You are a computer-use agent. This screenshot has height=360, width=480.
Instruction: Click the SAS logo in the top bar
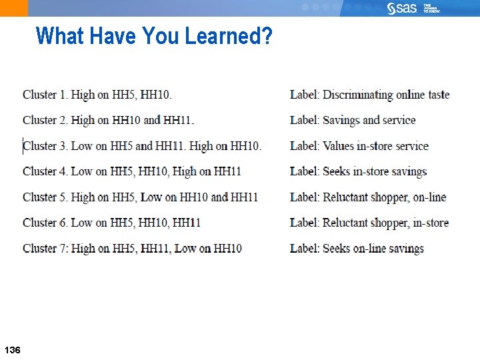click(402, 8)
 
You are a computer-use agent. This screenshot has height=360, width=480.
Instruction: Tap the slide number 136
click(12, 350)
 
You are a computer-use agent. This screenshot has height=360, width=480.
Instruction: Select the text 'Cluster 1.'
click(45, 95)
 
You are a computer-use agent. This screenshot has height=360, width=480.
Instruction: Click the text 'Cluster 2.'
click(45, 120)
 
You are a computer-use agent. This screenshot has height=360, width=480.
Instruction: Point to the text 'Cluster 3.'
click(45, 146)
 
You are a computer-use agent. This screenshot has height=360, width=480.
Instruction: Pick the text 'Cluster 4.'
click(45, 171)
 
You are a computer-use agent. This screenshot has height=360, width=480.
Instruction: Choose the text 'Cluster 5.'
click(45, 197)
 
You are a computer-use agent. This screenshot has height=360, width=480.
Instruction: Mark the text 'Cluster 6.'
click(45, 223)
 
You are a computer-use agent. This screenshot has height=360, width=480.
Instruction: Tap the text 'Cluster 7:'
click(45, 249)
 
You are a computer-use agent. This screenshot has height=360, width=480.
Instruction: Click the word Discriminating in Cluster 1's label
click(357, 95)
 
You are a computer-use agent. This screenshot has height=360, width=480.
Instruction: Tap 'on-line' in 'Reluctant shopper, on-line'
click(429, 197)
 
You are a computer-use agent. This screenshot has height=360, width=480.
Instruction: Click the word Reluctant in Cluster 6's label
click(347, 223)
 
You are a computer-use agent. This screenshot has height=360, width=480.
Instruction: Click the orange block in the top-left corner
click(13, 8)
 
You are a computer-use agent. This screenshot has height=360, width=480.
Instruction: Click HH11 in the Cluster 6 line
click(187, 223)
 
